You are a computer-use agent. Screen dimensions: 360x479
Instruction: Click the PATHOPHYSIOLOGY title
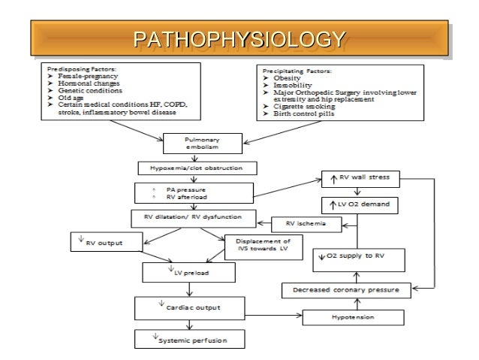239,38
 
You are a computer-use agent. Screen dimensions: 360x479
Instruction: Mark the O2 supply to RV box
360,257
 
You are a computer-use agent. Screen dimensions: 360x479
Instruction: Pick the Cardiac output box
187,307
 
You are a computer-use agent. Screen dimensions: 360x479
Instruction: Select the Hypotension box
349,317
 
